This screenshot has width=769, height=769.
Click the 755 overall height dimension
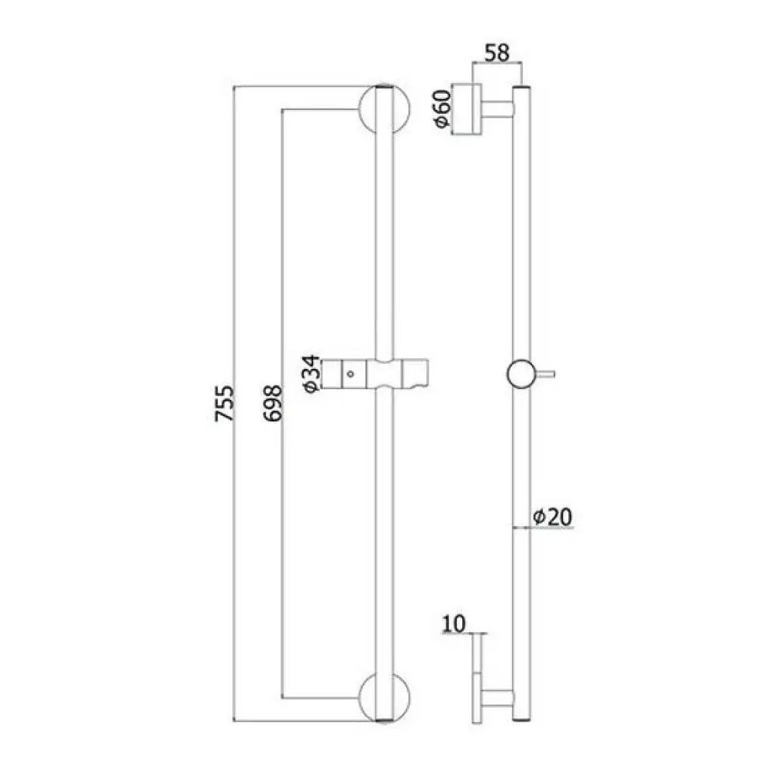pyautogui.click(x=225, y=404)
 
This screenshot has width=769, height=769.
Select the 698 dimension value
pyautogui.click(x=273, y=403)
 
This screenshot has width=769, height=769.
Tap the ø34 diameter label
pyautogui.click(x=312, y=375)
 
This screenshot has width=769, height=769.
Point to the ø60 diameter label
pyautogui.click(x=442, y=108)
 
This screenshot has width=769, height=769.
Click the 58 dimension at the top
pyautogui.click(x=498, y=53)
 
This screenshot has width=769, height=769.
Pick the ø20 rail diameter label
pyautogui.click(x=553, y=517)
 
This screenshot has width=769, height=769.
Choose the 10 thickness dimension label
pyautogui.click(x=454, y=624)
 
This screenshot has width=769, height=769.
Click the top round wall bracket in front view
pyautogui.click(x=384, y=109)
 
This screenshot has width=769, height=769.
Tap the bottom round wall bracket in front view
pyautogui.click(x=384, y=697)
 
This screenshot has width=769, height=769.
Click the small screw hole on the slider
pyautogui.click(x=350, y=375)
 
